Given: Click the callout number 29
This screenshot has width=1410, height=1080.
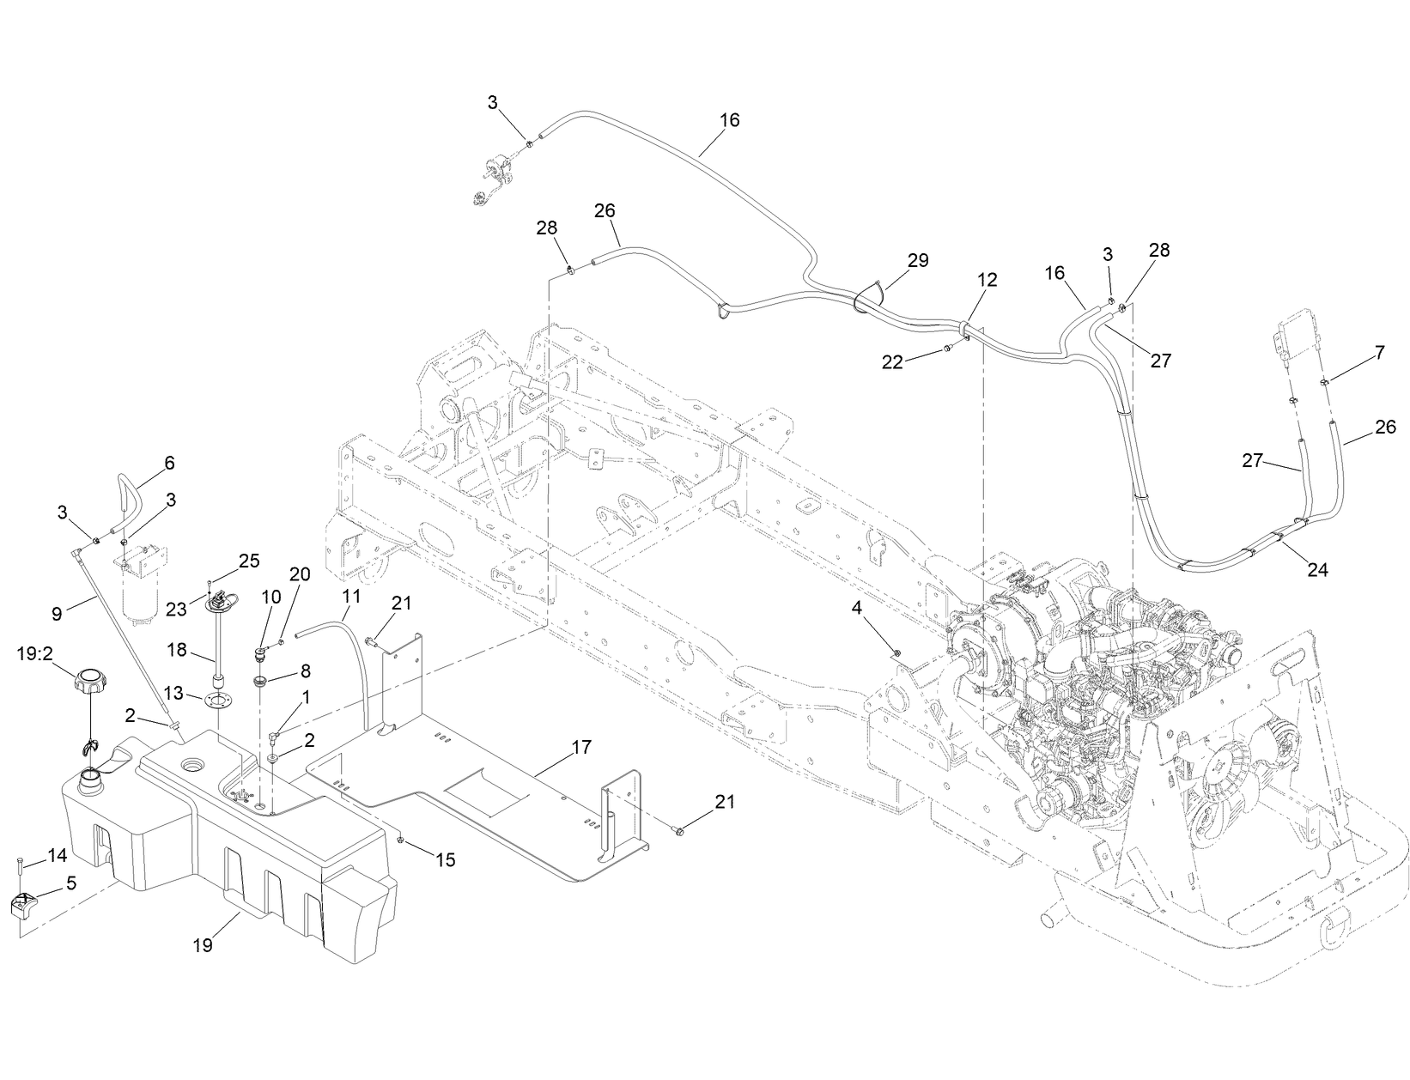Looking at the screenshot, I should click(918, 260).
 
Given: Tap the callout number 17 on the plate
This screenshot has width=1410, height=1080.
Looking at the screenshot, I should click(581, 747).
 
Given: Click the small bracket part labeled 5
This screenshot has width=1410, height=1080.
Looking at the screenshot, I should click(24, 906).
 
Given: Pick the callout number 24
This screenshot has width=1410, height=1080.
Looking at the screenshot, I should click(1317, 568).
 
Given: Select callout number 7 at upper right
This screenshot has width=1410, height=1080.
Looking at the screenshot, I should click(1379, 352).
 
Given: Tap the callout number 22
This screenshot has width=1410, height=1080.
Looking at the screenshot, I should click(893, 362).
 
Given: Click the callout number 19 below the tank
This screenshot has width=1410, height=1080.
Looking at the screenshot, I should click(203, 944).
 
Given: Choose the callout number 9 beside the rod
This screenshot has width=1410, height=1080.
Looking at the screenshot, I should click(57, 614).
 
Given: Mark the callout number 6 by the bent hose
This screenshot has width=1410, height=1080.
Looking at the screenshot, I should click(168, 464).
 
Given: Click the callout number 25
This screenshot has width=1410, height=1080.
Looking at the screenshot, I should click(249, 561).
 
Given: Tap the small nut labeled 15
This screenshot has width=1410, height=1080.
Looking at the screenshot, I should click(401, 838).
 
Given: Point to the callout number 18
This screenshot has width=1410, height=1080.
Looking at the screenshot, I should click(177, 650).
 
